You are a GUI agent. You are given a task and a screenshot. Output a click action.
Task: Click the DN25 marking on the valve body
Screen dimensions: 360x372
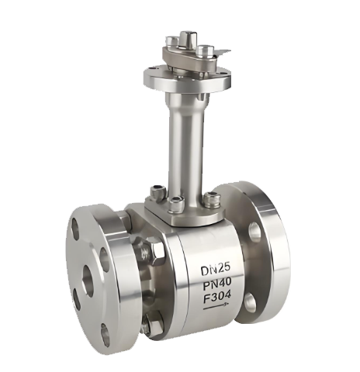[216, 270]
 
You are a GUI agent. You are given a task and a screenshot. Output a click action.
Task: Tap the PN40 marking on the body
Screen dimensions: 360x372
[216, 284]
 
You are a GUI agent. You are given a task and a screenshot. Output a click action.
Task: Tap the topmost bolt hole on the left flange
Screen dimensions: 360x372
[77, 226]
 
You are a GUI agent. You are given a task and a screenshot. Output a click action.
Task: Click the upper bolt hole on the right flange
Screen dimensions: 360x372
[254, 232]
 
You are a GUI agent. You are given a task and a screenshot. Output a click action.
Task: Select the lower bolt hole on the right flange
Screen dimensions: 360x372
[251, 302]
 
